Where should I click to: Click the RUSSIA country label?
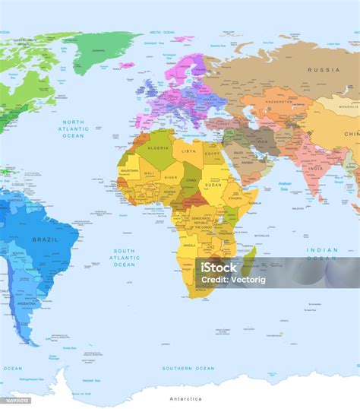(x=323, y=70)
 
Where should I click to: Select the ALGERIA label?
(x=158, y=148)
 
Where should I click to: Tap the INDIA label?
(x=316, y=168)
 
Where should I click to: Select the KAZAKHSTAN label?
(x=279, y=100)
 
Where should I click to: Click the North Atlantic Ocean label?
(x=74, y=129)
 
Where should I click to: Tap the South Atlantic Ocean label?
(x=125, y=257)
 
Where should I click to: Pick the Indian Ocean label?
(x=322, y=253)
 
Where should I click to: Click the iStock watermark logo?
(x=218, y=268)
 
